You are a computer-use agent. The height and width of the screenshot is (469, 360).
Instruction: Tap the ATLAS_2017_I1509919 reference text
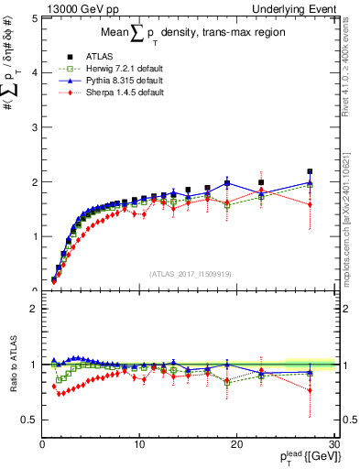click(189, 273)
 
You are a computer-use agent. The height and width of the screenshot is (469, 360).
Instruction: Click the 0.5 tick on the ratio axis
click(27, 420)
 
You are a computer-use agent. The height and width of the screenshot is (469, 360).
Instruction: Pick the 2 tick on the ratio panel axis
click(31, 309)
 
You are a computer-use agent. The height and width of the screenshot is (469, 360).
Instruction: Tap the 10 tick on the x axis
click(139, 444)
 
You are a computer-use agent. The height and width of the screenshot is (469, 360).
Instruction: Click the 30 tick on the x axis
click(333, 444)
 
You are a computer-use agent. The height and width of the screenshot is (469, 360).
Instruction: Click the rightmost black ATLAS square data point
click(310, 171)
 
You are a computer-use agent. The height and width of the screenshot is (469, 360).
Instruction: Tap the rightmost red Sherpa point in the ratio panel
click(310, 390)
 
